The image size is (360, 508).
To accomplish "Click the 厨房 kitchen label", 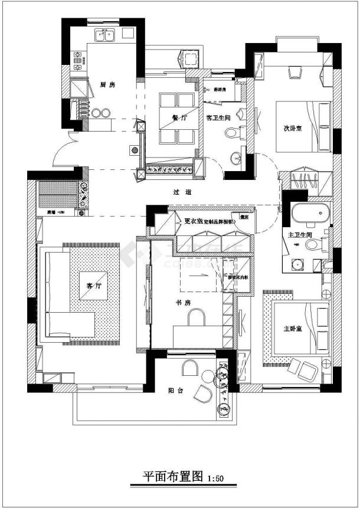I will [107, 85].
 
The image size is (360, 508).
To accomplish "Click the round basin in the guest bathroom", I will [236, 158].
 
